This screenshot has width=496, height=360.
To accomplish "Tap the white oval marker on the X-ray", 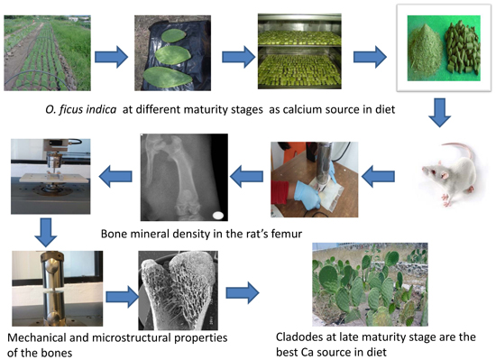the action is (218, 216).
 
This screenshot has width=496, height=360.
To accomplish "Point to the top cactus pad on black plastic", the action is (173, 35).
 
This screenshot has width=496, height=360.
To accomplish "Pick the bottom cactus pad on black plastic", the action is (167, 77).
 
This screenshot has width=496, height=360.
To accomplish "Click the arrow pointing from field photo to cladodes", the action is (111, 57).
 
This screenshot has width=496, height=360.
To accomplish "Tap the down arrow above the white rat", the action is (440, 113).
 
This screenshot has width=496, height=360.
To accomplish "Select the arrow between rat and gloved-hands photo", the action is (378, 176).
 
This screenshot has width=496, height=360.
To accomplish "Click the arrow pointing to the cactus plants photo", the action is (243, 293).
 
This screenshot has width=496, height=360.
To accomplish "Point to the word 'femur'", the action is (286, 234).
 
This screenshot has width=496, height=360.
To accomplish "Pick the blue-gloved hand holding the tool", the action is (306, 195).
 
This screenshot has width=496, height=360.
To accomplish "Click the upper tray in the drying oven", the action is (299, 38).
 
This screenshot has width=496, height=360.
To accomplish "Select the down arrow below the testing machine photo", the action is (46, 233).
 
